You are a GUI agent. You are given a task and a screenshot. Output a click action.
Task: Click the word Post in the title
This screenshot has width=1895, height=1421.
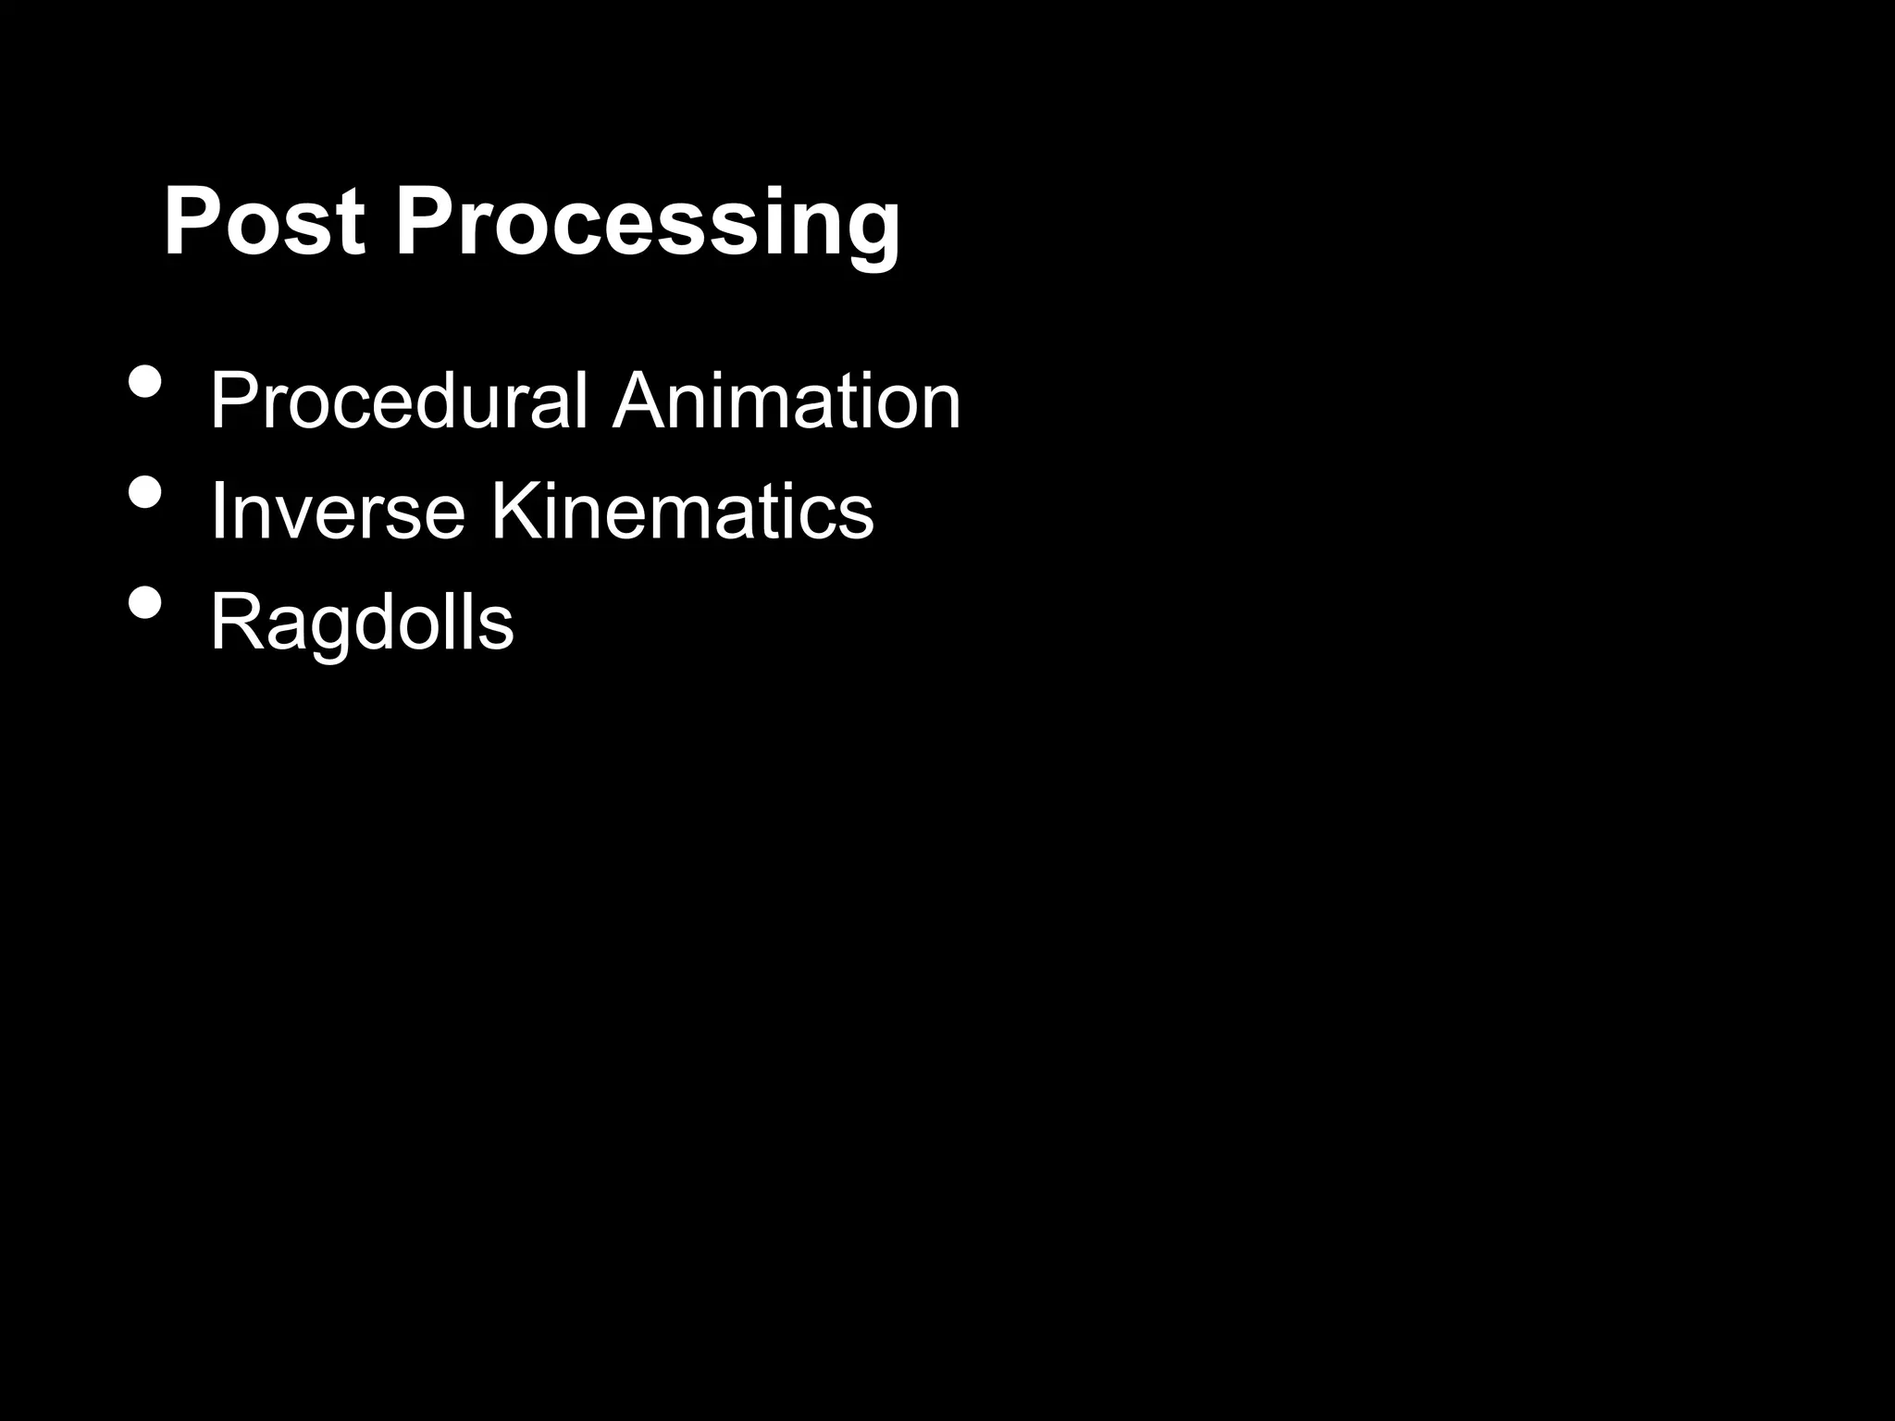click(264, 222)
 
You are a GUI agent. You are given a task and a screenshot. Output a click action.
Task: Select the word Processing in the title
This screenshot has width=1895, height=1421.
click(648, 224)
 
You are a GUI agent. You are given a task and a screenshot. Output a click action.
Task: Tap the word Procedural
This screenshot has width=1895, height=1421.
click(399, 402)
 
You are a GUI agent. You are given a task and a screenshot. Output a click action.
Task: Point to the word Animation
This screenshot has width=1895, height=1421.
click(786, 402)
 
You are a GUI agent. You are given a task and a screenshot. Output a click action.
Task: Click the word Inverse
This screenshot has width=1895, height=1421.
click(338, 511)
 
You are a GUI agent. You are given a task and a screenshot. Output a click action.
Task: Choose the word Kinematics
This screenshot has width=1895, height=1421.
click(682, 511)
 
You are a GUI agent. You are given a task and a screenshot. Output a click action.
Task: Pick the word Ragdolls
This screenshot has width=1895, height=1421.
click(362, 622)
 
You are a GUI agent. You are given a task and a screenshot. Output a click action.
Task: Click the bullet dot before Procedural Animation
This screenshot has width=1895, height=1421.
click(145, 381)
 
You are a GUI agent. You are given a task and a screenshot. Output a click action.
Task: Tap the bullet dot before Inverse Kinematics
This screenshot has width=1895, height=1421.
click(145, 491)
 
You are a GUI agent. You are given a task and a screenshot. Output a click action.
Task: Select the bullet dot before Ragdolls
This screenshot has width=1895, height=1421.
click(145, 602)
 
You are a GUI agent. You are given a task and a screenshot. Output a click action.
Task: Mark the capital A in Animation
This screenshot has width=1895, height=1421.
click(641, 402)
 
